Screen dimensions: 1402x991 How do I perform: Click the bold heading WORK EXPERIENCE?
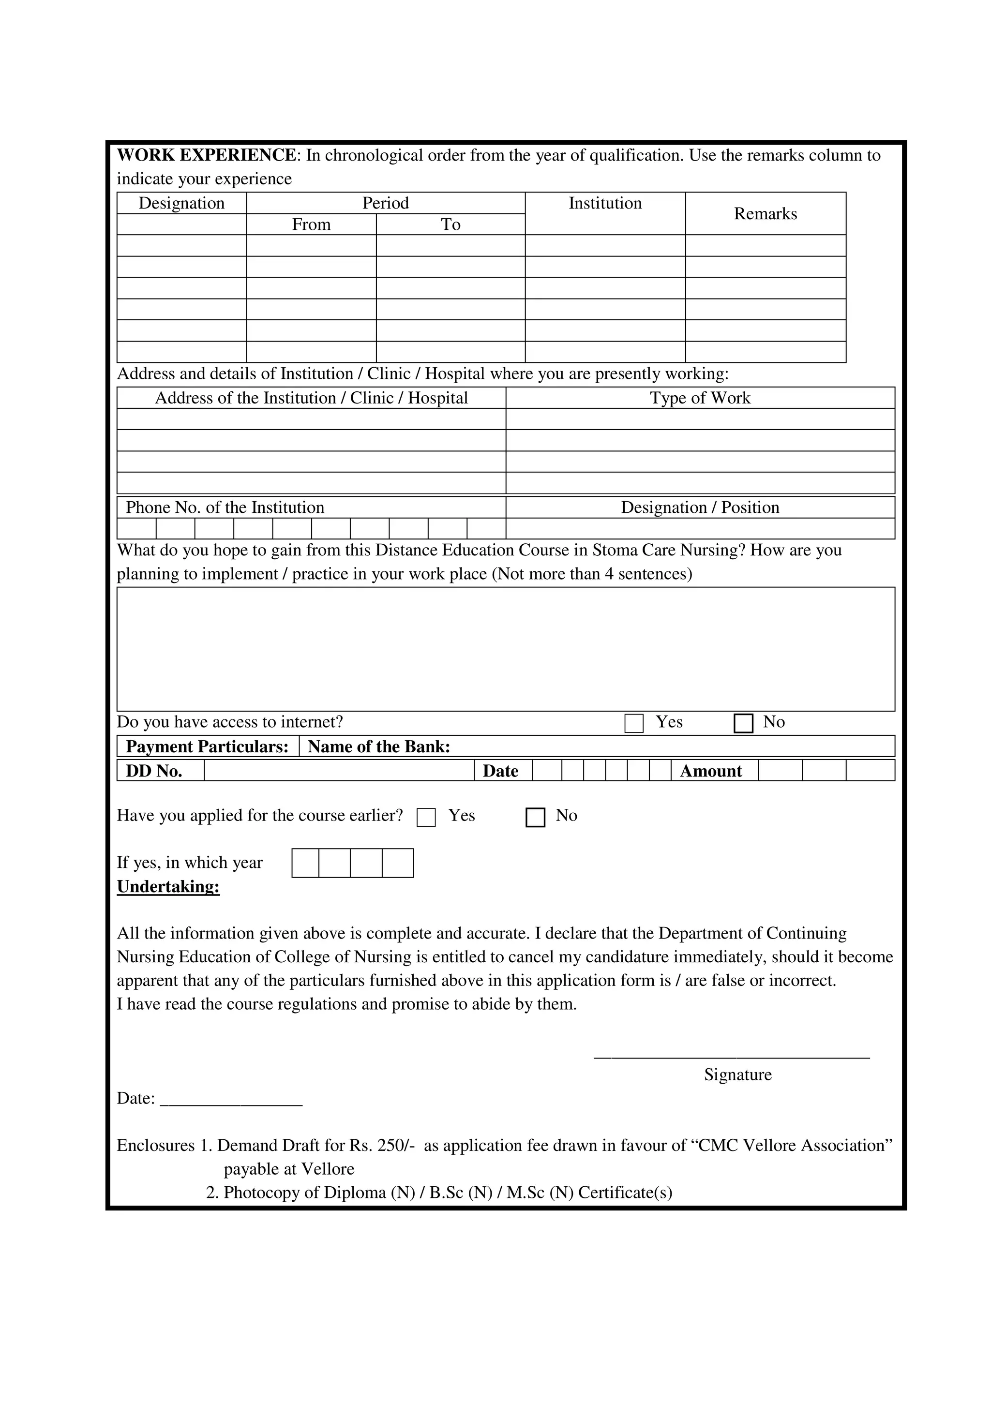pyautogui.click(x=207, y=155)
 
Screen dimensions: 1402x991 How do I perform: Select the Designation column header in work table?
pyautogui.click(x=181, y=203)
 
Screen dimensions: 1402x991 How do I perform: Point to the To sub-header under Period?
pyautogui.click(x=450, y=224)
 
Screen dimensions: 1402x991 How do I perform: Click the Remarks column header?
pyautogui.click(x=765, y=214)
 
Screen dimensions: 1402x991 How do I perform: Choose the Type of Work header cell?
pyautogui.click(x=700, y=398)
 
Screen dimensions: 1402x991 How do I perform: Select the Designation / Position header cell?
pyautogui.click(x=700, y=507)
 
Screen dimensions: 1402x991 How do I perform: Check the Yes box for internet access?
pyautogui.click(x=634, y=724)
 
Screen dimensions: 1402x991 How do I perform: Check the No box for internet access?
pyautogui.click(x=743, y=724)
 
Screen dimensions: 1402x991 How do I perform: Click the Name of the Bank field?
pyautogui.click(x=672, y=747)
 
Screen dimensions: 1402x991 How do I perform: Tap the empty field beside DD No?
pyautogui.click(x=339, y=771)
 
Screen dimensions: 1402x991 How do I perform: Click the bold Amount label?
pyautogui.click(x=711, y=771)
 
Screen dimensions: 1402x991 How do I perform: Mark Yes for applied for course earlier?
pyautogui.click(x=426, y=818)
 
